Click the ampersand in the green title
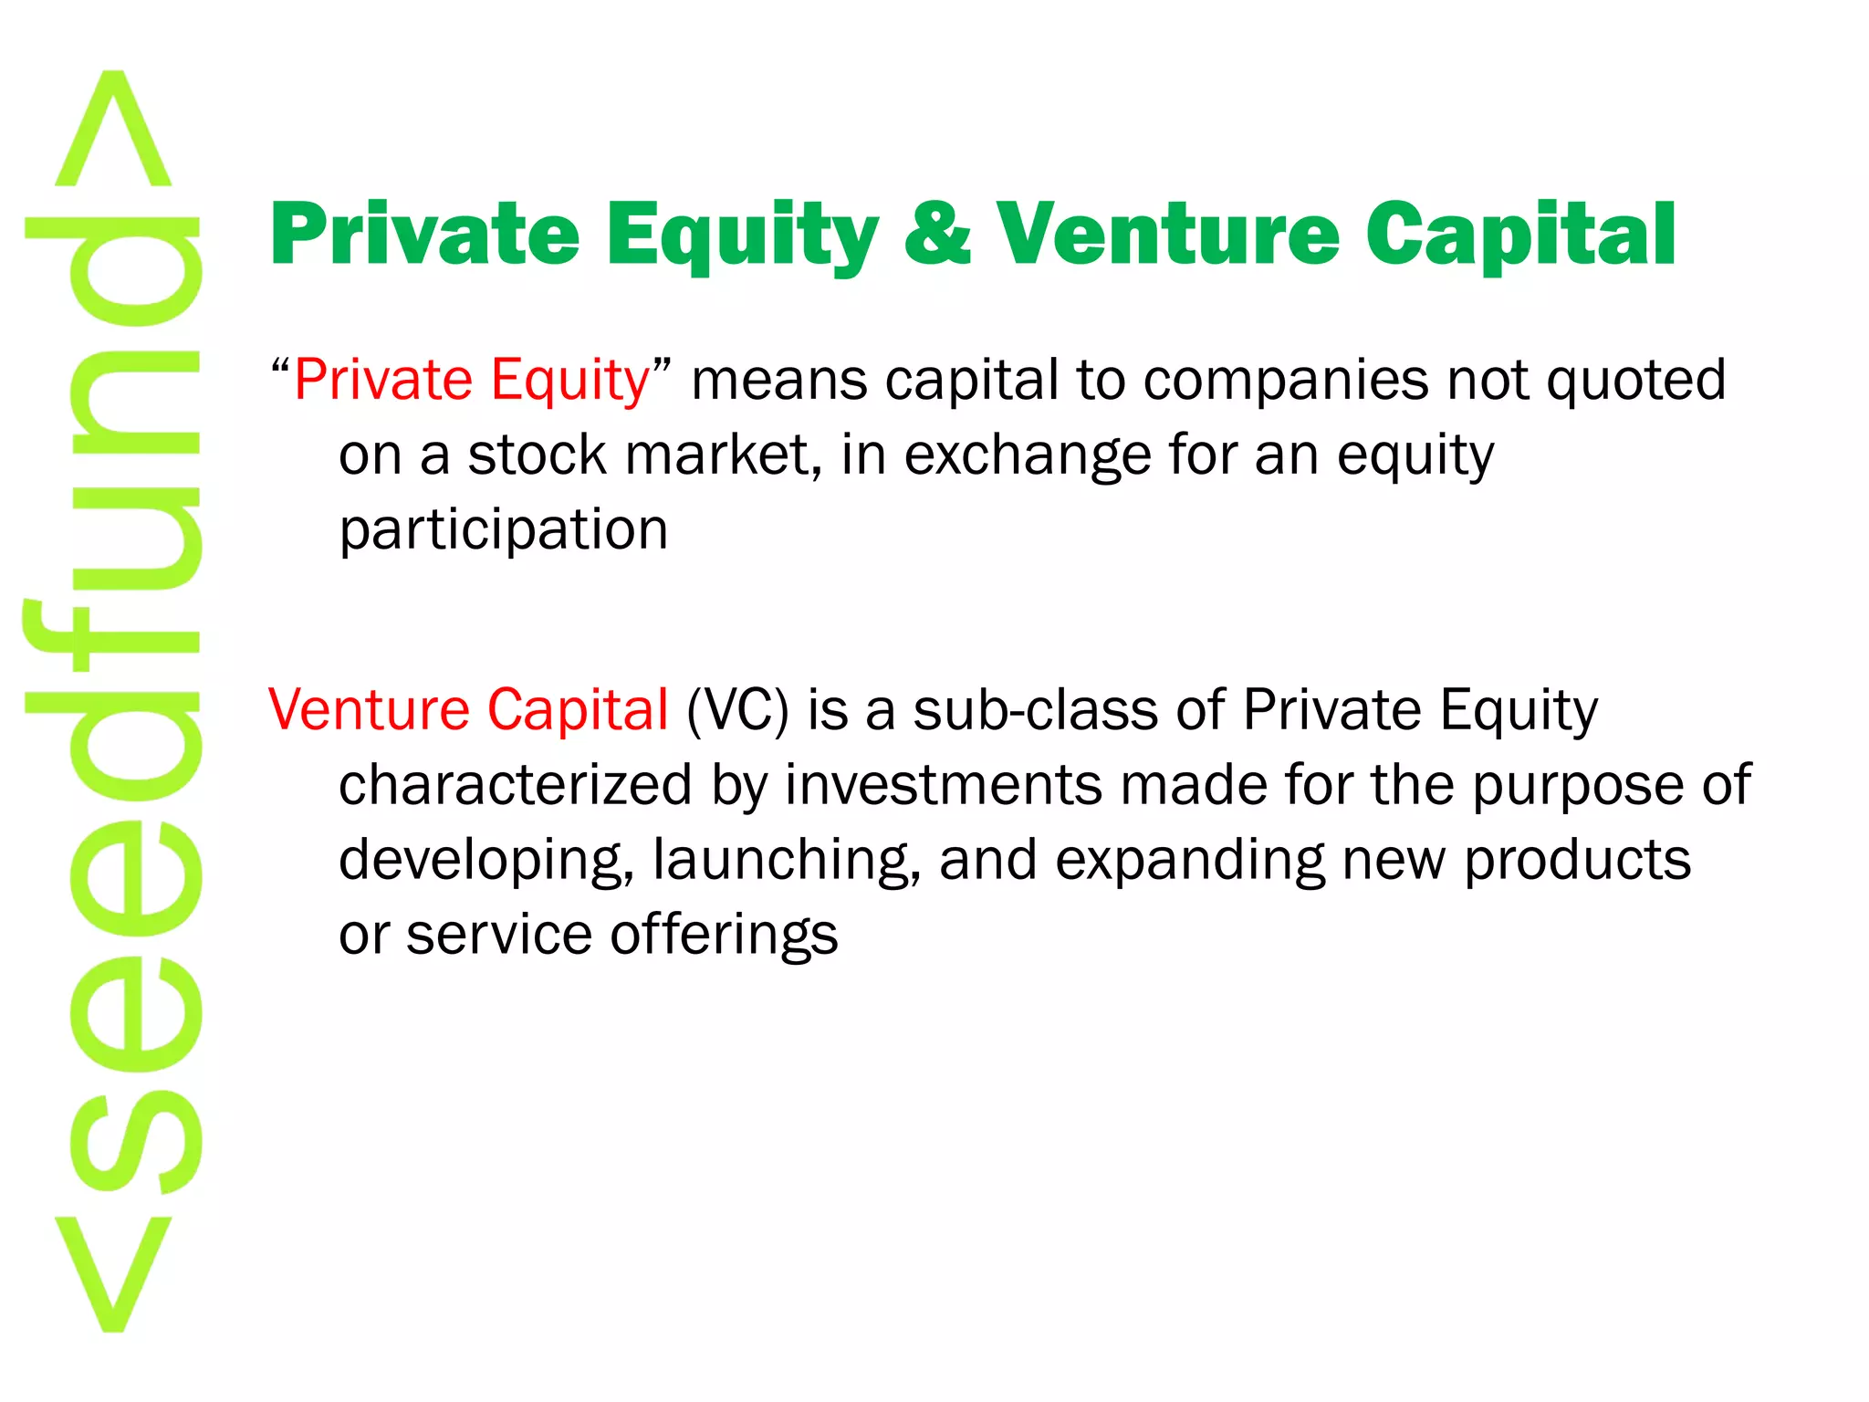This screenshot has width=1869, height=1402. [x=937, y=235]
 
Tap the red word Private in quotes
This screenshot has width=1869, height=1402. [x=382, y=380]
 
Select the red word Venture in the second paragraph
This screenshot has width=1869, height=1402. [x=369, y=709]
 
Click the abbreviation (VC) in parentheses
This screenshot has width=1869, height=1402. [x=737, y=711]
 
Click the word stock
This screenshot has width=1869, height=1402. [x=537, y=455]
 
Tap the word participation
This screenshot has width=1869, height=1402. [x=504, y=531]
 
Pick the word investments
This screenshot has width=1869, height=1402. [x=944, y=785]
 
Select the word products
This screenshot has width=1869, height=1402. [x=1577, y=861]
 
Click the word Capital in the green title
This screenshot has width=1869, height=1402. [x=1520, y=235]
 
